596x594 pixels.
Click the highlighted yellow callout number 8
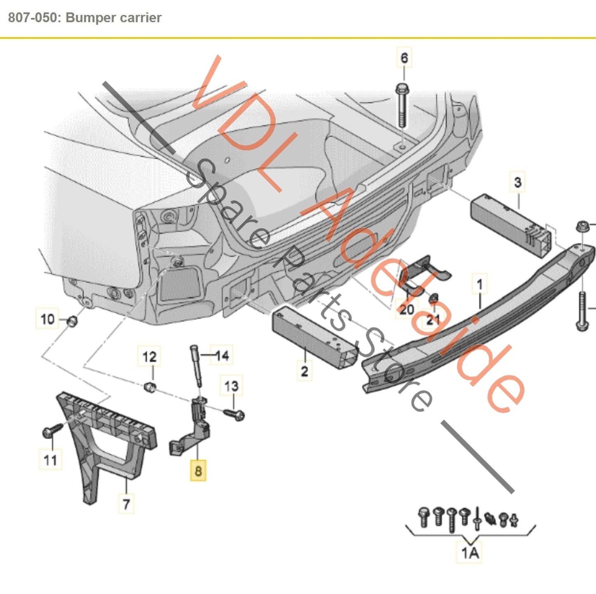tap(198, 471)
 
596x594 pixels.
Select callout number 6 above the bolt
tap(404, 58)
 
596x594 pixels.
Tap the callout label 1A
tap(469, 552)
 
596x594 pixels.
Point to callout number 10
tap(47, 319)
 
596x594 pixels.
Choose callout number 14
tap(222, 355)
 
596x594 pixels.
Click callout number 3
tap(518, 182)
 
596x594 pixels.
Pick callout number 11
tap(50, 459)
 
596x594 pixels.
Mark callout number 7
tap(126, 504)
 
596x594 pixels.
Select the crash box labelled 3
tap(511, 225)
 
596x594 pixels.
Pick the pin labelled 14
tap(196, 364)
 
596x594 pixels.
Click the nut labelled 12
tap(150, 387)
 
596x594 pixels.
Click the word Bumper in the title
tap(87, 18)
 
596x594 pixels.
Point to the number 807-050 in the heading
tap(34, 18)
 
